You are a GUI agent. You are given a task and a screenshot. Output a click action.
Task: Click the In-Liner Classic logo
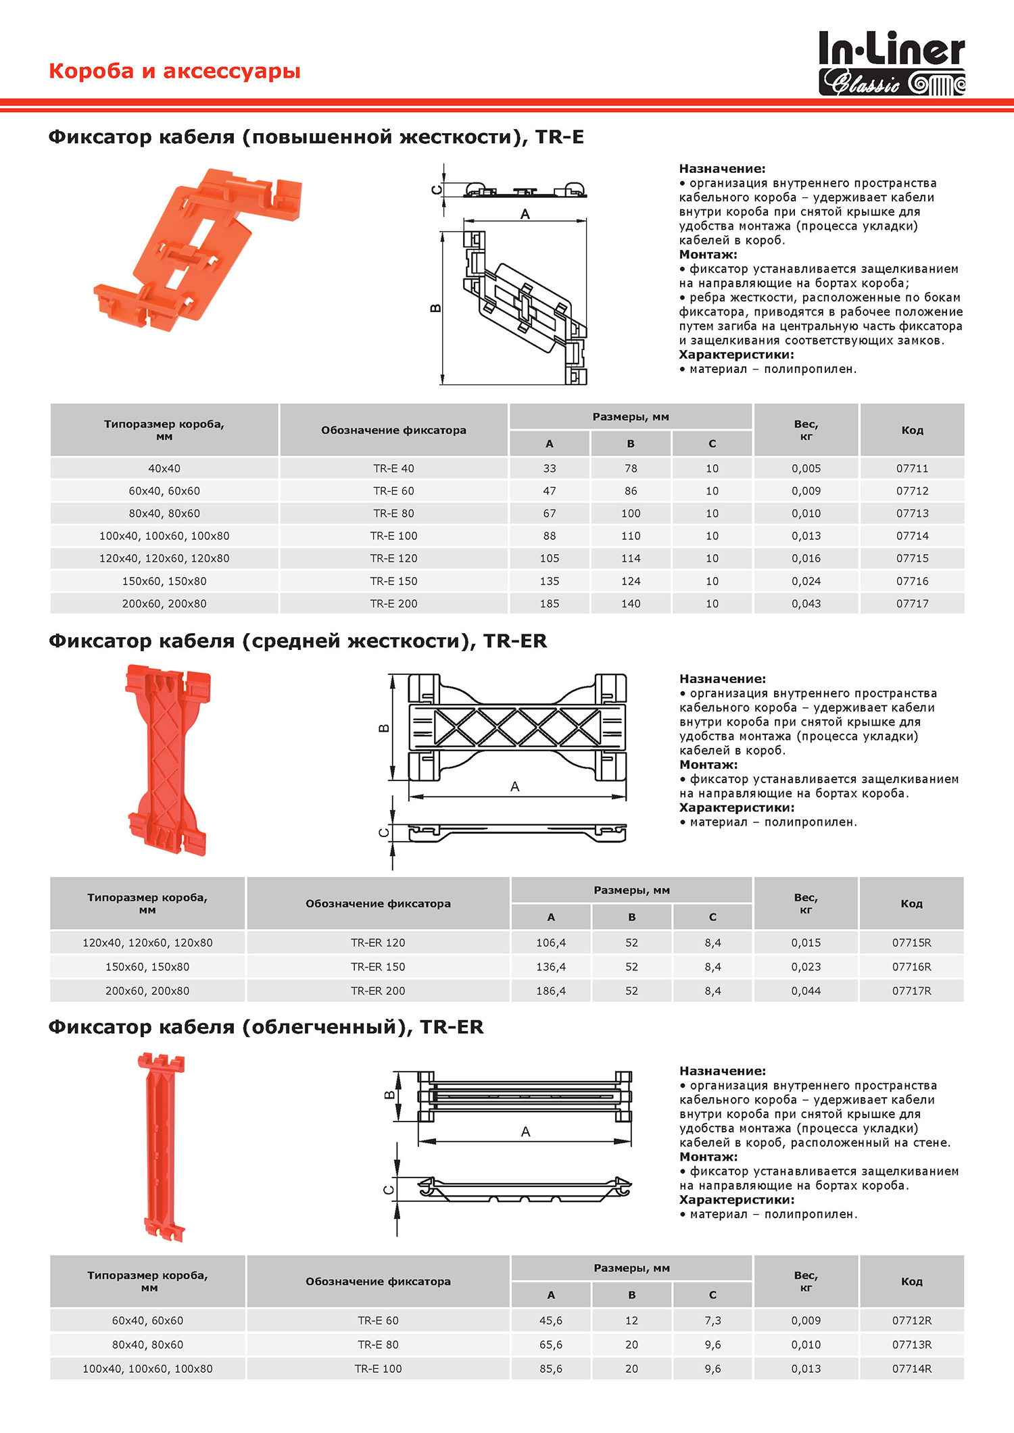click(892, 63)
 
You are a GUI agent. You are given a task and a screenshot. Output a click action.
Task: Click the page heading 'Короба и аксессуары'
click(174, 71)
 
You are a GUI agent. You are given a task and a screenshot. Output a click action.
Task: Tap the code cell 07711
click(912, 468)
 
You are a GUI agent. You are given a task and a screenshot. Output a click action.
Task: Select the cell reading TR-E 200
click(393, 603)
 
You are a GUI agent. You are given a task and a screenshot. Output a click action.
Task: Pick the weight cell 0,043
click(806, 603)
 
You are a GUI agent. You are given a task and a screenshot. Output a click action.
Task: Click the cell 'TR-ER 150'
click(378, 967)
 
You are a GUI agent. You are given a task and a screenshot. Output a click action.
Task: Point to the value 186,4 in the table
click(551, 991)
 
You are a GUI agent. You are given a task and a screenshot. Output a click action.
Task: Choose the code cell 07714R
click(911, 1369)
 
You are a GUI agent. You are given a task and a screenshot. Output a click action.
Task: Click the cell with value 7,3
click(713, 1320)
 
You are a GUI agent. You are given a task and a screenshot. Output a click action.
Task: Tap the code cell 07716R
click(911, 967)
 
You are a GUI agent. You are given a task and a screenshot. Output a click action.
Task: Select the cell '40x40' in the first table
click(164, 468)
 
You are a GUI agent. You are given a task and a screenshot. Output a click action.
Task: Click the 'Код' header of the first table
click(912, 430)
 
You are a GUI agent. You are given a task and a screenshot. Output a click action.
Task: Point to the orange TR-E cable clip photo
click(197, 249)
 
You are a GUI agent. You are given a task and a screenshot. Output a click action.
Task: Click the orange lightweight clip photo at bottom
click(161, 1147)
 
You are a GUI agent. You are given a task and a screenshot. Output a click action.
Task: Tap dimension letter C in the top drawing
click(437, 190)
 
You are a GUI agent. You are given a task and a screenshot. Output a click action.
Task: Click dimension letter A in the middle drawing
click(515, 786)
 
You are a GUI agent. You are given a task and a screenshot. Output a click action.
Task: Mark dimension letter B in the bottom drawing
click(389, 1095)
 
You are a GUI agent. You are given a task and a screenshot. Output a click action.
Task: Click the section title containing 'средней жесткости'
click(297, 641)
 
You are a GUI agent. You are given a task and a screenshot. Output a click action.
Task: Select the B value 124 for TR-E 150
click(631, 581)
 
